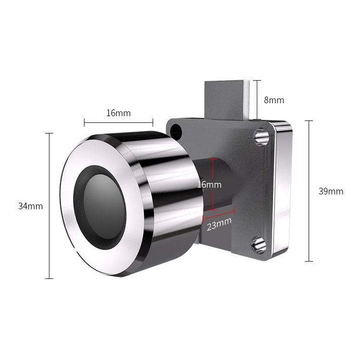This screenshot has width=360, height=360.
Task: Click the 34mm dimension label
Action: click(x=30, y=206)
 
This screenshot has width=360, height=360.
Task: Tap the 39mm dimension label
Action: click(x=331, y=191)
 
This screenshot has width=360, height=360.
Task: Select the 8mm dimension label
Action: click(x=274, y=100)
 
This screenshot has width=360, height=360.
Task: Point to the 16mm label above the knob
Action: click(x=118, y=113)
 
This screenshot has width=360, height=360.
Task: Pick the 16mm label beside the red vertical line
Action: click(x=209, y=184)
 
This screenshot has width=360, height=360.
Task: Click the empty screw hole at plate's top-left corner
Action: click(x=177, y=130)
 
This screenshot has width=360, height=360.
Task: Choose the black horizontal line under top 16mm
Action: click(x=118, y=122)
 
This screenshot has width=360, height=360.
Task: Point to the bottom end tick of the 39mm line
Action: click(x=309, y=261)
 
